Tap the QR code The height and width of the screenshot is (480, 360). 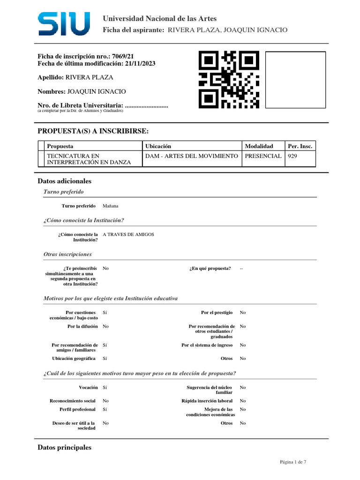coord(229,80)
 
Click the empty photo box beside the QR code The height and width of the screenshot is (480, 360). coord(295,79)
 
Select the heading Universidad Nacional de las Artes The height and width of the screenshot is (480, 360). coord(159,19)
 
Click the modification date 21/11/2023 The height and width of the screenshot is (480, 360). coord(140,64)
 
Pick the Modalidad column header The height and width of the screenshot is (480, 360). coord(259,146)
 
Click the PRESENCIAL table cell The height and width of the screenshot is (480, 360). coord(263,156)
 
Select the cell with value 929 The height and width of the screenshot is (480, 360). coord(292,156)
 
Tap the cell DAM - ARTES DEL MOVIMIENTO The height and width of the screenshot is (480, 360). coord(192,156)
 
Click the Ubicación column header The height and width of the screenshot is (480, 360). coord(158,146)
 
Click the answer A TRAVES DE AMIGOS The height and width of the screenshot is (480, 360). coord(128,234)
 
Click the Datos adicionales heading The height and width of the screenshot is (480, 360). coord(64,181)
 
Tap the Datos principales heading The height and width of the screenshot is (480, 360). coord(64,448)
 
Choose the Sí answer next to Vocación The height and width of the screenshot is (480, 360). coord(105,388)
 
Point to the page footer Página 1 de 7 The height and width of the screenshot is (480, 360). coord(293,462)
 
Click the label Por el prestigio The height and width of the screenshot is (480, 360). coord(217,312)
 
